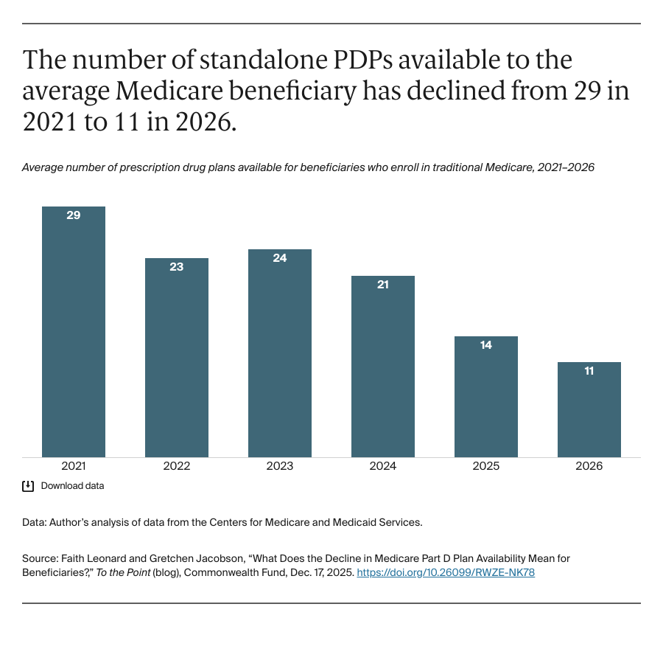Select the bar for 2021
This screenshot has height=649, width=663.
point(74,332)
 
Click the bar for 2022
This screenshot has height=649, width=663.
point(177,358)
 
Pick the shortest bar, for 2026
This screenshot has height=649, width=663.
point(589,410)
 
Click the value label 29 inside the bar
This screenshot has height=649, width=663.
point(74,215)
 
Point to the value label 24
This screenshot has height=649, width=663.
point(280,258)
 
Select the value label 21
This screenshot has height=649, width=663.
point(383,284)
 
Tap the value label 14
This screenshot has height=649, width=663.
point(486,344)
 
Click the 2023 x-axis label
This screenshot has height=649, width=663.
point(280,466)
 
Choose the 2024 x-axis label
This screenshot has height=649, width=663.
point(383,466)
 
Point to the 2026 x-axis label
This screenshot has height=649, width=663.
point(589,466)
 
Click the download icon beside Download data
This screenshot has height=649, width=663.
point(28,486)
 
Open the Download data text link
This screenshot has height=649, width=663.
point(72,486)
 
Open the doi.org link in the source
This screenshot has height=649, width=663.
point(446,572)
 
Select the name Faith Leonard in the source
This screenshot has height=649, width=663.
point(86,558)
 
